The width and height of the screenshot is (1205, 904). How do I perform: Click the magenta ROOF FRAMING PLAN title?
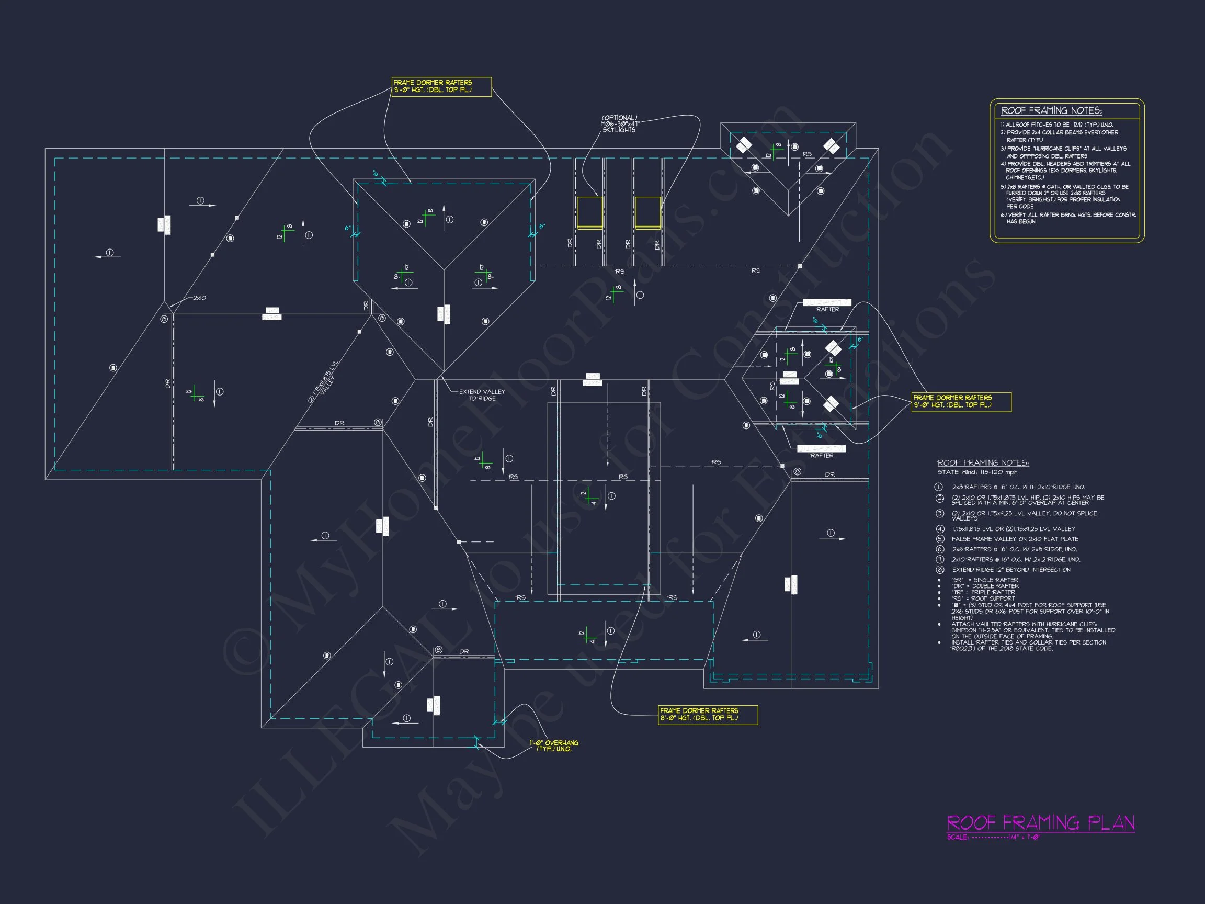click(1040, 822)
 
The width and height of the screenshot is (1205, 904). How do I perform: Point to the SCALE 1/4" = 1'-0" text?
click(994, 838)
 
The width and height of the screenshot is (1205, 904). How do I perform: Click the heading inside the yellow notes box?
click(1051, 110)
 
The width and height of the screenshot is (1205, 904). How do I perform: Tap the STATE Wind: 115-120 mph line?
click(977, 472)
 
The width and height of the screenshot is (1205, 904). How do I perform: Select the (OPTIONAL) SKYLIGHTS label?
click(619, 123)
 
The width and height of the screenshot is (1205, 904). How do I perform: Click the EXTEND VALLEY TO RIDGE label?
click(482, 395)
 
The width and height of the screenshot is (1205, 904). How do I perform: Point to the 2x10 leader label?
click(199, 298)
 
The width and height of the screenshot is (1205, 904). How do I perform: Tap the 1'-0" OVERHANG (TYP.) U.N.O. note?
click(554, 746)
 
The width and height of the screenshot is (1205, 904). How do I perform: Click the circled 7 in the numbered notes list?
click(940, 560)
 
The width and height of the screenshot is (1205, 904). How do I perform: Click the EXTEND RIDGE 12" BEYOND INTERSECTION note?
click(1011, 570)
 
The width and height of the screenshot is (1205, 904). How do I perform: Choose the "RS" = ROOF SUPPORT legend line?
click(983, 598)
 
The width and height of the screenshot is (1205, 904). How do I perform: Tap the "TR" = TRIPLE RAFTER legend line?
click(983, 592)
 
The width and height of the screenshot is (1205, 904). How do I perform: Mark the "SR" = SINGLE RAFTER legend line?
click(984, 580)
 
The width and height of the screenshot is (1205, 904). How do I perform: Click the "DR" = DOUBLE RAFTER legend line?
click(985, 586)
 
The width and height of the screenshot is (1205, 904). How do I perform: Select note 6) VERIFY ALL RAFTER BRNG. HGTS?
click(1068, 215)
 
